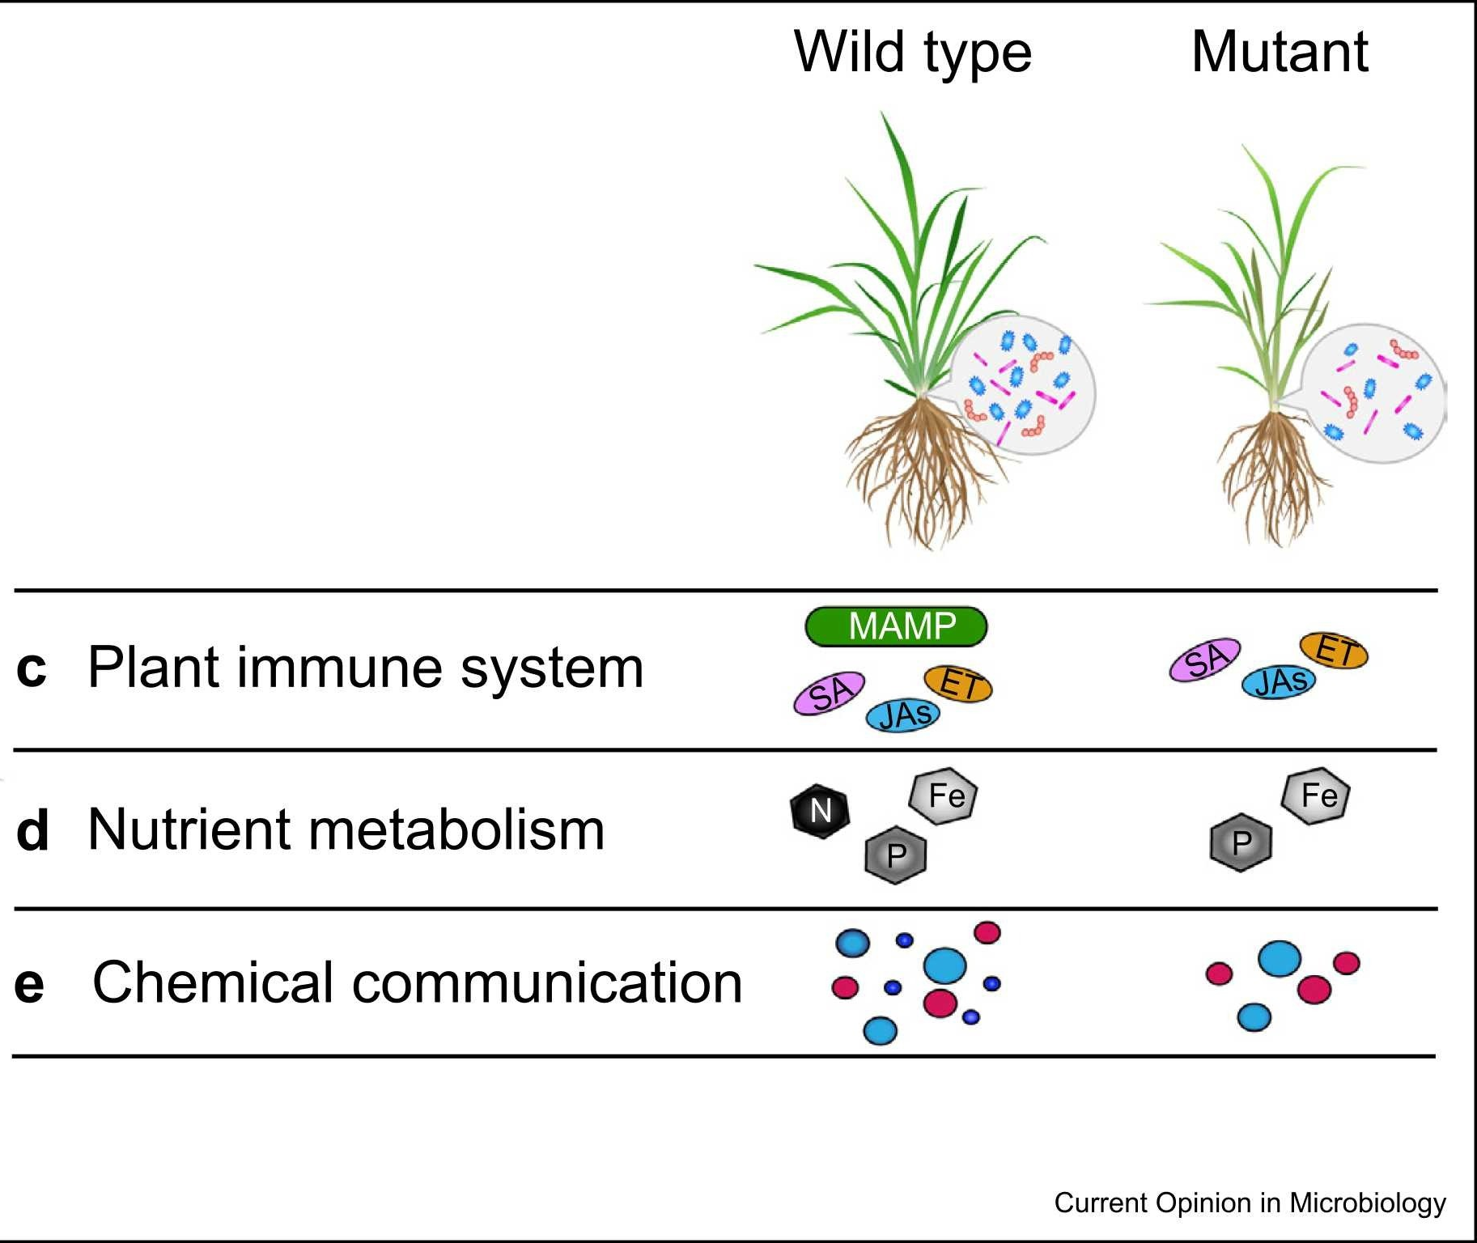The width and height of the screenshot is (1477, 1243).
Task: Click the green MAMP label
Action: click(896, 626)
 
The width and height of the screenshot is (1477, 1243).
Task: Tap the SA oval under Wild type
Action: click(829, 693)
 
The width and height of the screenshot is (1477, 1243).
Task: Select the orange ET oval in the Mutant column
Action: click(1333, 651)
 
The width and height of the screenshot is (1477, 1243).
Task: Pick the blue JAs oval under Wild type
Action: click(903, 715)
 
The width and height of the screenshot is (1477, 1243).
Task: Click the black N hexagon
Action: click(820, 811)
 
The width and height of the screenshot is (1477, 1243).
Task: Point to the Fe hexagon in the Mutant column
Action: click(1316, 795)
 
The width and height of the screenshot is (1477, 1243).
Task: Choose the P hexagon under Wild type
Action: click(895, 855)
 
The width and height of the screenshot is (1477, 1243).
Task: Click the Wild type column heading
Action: click(912, 52)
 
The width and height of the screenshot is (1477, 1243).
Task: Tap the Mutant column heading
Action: click(1279, 52)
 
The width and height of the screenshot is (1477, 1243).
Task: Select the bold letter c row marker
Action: click(31, 668)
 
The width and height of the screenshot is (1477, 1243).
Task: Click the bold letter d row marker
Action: click(32, 831)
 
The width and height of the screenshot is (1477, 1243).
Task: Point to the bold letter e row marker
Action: click(29, 984)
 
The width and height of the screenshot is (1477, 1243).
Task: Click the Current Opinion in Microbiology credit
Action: click(1249, 1203)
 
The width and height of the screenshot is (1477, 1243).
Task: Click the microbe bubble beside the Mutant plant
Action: click(1376, 393)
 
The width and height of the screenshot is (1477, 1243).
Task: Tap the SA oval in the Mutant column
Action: click(1205, 660)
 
